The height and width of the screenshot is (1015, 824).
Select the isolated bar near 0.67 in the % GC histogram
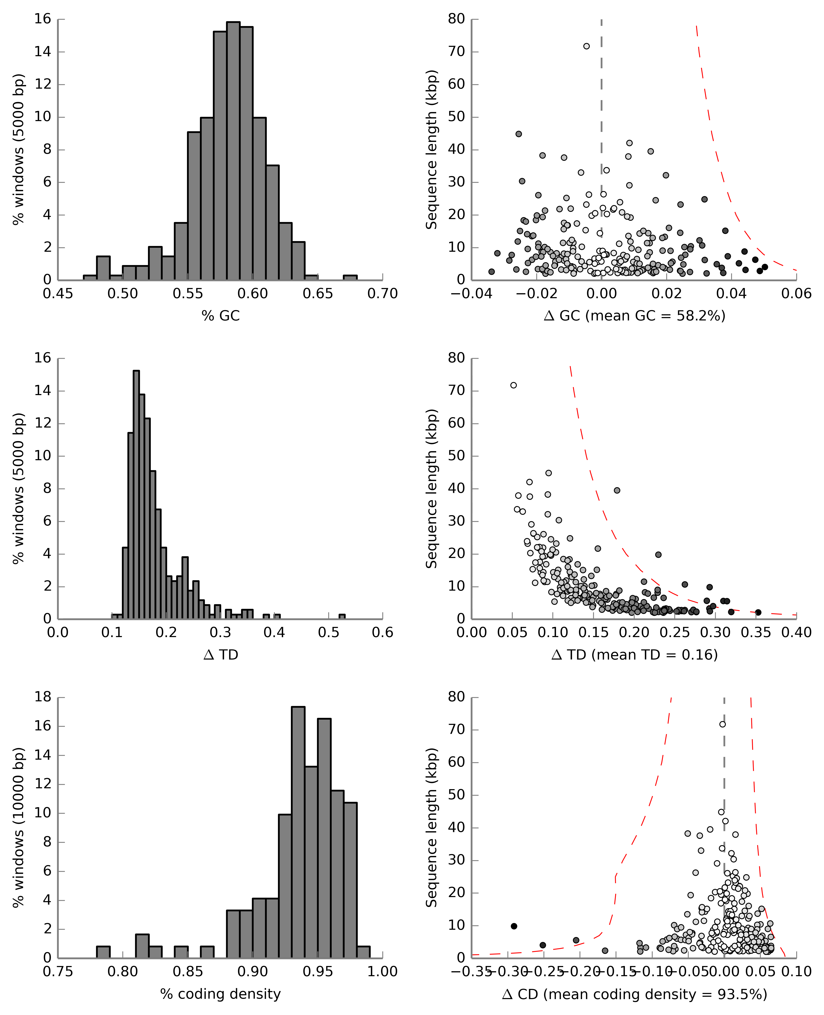point(350,277)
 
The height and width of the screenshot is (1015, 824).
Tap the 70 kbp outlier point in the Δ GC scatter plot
point(586,46)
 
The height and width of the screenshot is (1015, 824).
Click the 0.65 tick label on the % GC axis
point(318,294)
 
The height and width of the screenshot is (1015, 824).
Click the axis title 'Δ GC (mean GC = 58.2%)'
point(635,316)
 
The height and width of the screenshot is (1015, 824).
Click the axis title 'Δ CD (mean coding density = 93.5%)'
point(635,994)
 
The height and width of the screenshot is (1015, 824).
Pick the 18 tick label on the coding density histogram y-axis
point(43,697)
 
